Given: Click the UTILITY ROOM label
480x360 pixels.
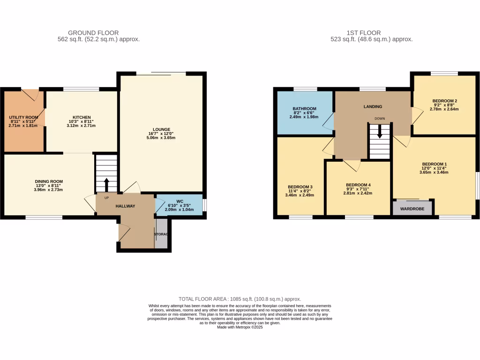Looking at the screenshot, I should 23,117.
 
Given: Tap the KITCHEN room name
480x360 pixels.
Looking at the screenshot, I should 82,117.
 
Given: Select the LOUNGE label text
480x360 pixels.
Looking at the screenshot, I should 161,129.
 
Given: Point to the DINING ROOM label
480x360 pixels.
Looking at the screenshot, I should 49,181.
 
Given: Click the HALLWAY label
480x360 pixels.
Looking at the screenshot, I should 125,206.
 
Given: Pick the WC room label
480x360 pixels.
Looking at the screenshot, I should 180,202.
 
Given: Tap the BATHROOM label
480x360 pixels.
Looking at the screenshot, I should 305,109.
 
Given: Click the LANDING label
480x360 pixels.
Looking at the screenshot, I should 373,106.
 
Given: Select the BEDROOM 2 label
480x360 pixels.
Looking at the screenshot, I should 445,101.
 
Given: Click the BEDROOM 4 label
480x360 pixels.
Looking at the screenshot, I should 358,185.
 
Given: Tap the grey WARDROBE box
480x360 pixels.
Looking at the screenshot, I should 412,207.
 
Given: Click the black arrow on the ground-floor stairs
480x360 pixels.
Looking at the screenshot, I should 106,183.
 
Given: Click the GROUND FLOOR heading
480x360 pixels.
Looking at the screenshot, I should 93,33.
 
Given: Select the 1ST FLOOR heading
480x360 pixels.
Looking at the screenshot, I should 364,33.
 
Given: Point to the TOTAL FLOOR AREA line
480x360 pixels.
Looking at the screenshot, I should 240,299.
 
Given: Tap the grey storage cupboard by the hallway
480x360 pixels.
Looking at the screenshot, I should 161,237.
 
